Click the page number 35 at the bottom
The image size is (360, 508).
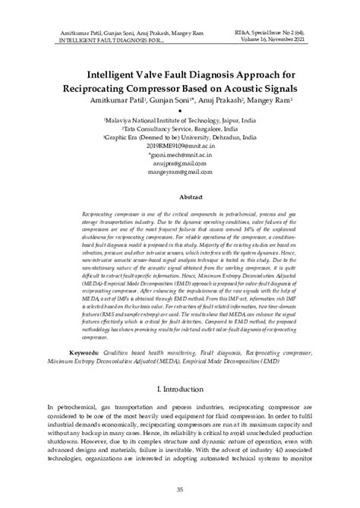(180, 489)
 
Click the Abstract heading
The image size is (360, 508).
(180, 195)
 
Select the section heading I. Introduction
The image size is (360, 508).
(180, 387)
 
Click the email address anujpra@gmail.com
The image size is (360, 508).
(180, 163)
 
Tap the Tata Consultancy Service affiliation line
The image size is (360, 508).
(180, 129)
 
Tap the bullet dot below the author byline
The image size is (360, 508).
(180, 111)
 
